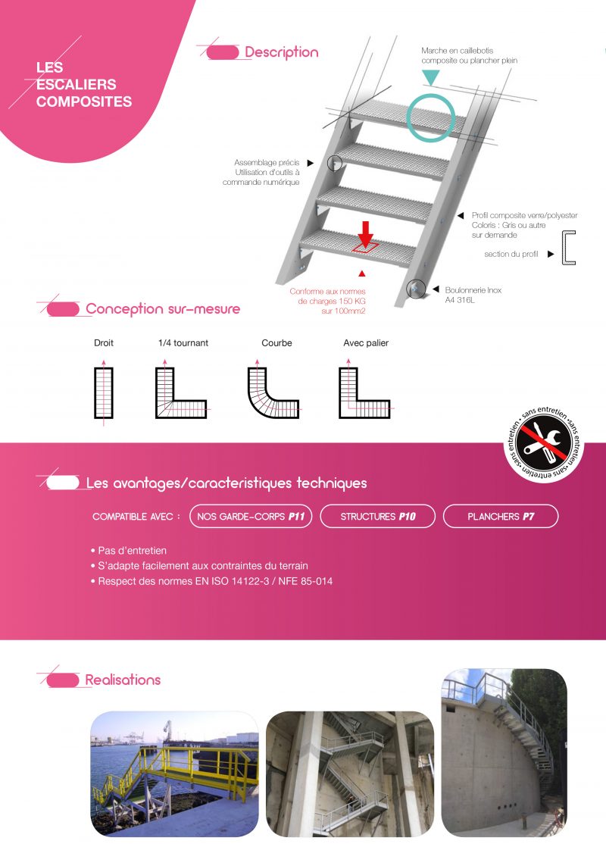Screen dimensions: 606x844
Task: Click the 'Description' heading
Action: point(282,52)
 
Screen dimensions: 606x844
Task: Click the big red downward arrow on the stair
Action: point(366,234)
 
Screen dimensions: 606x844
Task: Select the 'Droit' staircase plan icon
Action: point(104,392)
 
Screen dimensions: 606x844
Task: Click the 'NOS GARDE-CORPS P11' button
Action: point(251,516)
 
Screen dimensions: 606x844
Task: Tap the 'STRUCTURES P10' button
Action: point(378,516)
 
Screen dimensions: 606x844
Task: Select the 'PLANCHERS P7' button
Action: point(501,516)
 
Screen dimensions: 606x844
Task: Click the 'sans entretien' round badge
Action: point(544,443)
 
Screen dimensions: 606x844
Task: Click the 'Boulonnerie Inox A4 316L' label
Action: point(473,295)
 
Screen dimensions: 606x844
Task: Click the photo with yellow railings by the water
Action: point(174,774)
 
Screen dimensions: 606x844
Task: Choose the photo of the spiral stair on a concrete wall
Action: point(504,752)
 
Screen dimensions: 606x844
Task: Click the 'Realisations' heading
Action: point(123,680)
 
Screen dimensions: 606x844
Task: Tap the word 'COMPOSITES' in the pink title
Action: point(84,102)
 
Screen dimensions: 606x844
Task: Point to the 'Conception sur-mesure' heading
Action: point(163,309)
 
